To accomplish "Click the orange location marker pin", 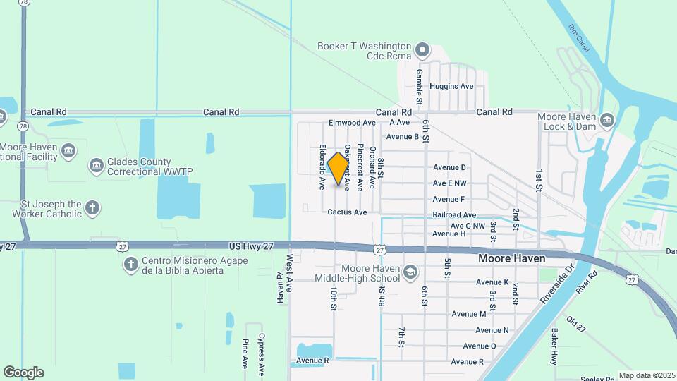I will [338, 169].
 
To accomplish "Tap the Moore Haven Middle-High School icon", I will [410, 272].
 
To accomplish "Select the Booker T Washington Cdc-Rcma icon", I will [422, 50].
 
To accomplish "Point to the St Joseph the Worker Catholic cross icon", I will [92, 208].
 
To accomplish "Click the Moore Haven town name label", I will [511, 259].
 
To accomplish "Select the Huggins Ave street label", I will [451, 87].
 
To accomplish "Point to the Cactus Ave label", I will [347, 212].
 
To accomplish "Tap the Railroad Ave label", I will [454, 215].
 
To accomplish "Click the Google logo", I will [23, 373].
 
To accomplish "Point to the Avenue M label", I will [469, 314].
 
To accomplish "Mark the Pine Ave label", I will [245, 353].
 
